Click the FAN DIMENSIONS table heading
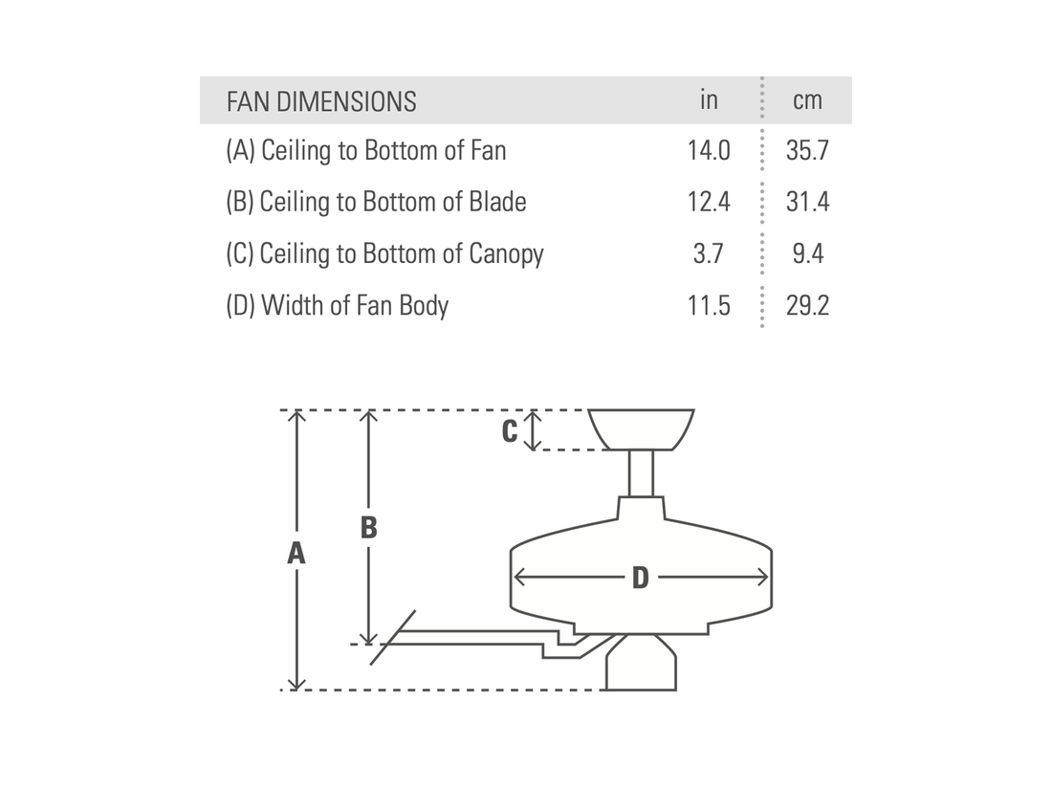[321, 101]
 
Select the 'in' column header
[708, 100]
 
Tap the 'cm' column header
[807, 101]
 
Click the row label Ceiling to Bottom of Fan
[366, 151]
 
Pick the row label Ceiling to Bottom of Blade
[376, 202]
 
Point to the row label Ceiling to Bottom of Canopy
[384, 253]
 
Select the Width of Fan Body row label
[337, 306]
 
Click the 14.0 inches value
[709, 151]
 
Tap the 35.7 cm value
[807, 151]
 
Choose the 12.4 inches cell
[709, 202]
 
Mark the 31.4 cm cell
[807, 202]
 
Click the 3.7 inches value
[709, 253]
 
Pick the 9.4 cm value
[807, 253]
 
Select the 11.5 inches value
[709, 306]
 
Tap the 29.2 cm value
[807, 306]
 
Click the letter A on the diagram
[296, 553]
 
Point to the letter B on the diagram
[368, 527]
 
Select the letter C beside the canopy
[511, 431]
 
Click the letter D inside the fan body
[640, 578]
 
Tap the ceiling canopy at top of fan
[641, 428]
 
